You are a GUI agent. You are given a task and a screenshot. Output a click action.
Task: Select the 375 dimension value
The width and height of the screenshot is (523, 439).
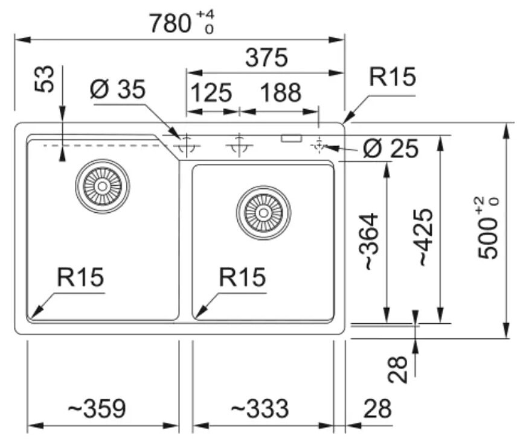coord(266,57)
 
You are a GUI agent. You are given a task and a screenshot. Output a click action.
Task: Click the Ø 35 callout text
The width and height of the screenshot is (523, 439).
coord(118,89)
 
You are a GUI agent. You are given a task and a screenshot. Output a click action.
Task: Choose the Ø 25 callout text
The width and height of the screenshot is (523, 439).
coord(391,148)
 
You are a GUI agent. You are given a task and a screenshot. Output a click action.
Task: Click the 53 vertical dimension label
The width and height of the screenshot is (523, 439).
coord(44,79)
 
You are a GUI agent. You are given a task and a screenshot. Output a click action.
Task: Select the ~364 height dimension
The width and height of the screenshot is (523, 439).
coord(370,241)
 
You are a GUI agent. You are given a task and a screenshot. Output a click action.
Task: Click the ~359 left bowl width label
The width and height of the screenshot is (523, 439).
coord(97,408)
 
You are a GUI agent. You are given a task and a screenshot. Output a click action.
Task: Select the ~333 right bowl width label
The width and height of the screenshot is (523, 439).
coord(260,408)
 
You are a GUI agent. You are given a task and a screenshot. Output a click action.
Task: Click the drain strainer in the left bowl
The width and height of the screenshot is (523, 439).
coord(103,186)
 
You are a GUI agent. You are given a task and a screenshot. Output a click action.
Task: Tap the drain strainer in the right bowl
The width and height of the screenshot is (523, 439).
coord(263,213)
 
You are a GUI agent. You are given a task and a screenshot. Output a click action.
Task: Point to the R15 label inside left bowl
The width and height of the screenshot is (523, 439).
coord(80,277)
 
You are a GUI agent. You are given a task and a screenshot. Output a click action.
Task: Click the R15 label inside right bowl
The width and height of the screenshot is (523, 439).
coord(242,277)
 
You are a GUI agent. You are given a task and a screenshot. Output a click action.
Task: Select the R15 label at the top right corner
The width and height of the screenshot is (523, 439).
coord(393,77)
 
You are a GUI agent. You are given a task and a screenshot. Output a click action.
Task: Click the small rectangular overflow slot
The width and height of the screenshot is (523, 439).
coord(291,139)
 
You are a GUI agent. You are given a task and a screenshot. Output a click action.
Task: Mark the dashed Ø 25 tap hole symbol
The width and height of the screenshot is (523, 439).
coord(319,145)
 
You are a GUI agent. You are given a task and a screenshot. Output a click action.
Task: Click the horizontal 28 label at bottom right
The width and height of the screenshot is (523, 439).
coord(377,409)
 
